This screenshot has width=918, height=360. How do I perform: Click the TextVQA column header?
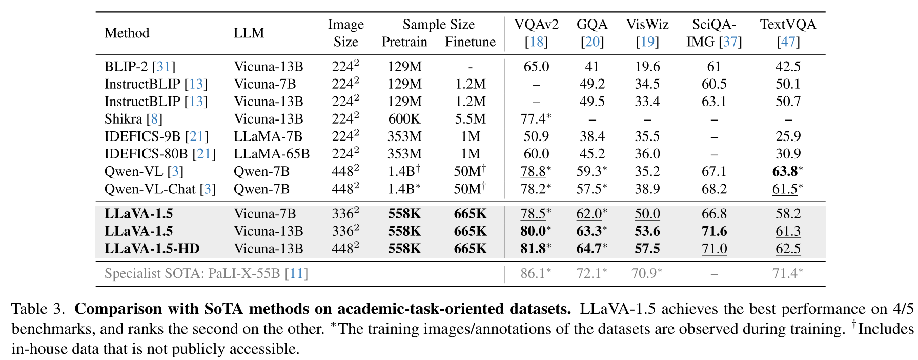[788, 25]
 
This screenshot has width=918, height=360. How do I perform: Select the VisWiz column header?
[647, 25]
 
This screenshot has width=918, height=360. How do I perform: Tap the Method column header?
[127, 33]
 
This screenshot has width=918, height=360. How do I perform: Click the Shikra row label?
[123, 119]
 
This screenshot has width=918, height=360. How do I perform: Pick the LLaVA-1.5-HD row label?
[152, 249]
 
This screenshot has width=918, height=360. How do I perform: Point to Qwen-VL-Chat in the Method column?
[150, 189]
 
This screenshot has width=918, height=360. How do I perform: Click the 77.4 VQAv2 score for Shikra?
[533, 119]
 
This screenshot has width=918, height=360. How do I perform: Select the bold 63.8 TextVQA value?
[785, 171]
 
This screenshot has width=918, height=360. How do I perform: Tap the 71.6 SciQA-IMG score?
[714, 231]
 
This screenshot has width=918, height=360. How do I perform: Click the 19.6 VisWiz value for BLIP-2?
[647, 67]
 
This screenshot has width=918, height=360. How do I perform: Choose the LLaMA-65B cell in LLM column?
[272, 154]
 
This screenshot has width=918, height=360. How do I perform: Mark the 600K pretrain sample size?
[404, 119]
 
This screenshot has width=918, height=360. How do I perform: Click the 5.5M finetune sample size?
[470, 119]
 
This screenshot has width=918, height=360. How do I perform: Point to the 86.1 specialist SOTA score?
[533, 273]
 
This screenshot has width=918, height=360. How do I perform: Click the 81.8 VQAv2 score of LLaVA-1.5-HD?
[533, 249]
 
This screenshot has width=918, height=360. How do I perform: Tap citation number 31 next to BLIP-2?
[164, 67]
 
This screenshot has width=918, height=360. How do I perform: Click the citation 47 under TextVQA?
[788, 42]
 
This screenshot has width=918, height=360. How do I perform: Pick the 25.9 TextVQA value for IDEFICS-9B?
[788, 136]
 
